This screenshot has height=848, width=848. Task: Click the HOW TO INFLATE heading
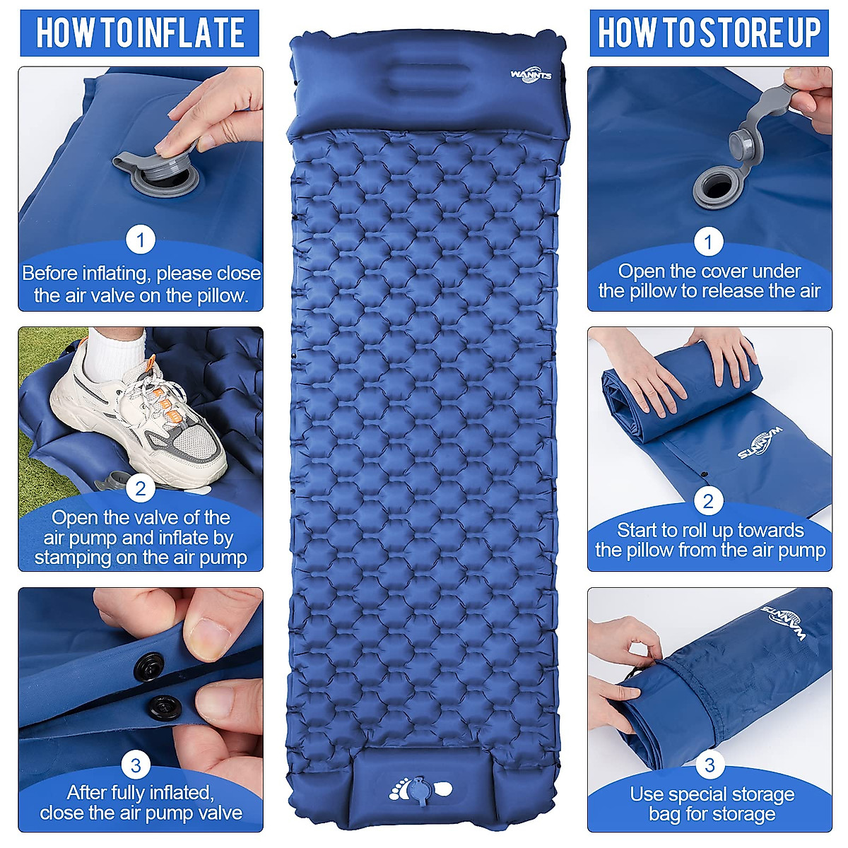click(140, 33)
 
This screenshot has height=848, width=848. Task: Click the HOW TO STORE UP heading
click(709, 33)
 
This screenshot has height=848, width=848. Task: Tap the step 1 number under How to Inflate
click(141, 240)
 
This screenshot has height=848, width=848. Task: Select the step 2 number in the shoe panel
click(141, 488)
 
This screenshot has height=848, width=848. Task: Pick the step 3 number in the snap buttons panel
click(136, 765)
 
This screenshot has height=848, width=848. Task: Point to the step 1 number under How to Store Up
click(709, 242)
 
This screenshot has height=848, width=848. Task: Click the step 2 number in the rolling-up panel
click(709, 501)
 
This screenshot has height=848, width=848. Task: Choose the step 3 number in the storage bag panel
click(709, 765)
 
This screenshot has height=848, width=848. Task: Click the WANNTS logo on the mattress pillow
click(530, 76)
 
